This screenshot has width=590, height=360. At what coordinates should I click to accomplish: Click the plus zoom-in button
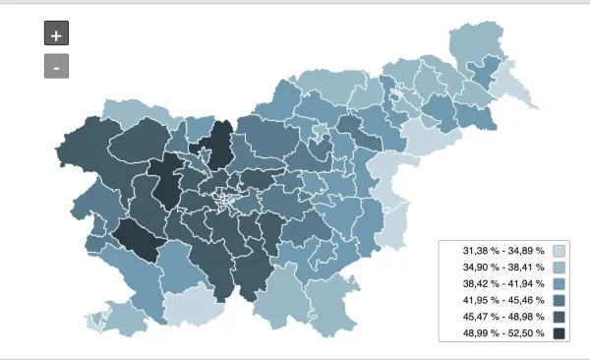point(56,33)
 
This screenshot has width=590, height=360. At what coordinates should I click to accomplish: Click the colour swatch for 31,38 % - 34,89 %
point(559,251)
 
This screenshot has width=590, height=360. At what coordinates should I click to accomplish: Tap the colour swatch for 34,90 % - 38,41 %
point(559,268)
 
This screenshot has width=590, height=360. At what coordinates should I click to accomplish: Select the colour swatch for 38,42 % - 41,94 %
point(559,284)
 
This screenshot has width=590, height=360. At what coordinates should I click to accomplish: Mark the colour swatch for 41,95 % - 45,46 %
point(559,301)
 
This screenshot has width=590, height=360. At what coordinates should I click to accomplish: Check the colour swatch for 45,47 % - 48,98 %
point(559,318)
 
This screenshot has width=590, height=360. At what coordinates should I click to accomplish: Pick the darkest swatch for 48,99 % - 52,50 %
point(559,334)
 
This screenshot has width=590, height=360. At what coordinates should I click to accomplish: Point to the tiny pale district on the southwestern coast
point(95,321)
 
